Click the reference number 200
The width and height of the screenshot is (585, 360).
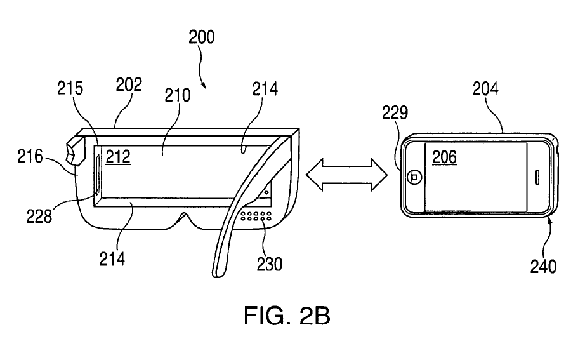[201, 37]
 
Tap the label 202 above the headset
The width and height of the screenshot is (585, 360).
[128, 85]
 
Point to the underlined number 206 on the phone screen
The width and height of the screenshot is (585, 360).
[444, 157]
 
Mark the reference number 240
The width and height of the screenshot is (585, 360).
[544, 266]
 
